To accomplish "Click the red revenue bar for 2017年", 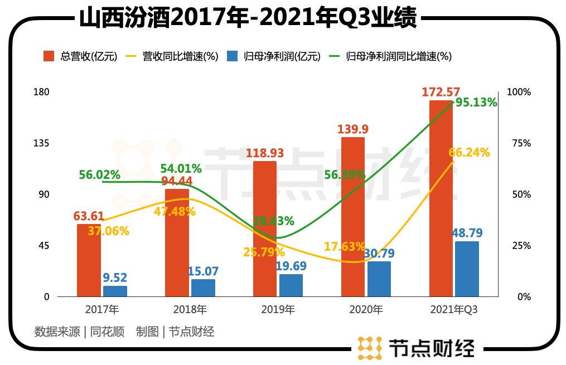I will tap(89, 260).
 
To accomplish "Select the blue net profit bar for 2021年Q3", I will tap(467, 269).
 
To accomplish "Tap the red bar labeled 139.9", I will tap(352, 217).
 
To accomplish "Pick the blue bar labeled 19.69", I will tap(291, 285).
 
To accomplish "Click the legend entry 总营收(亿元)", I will tap(80, 56).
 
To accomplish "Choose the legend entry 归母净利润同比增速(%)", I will tap(390, 56).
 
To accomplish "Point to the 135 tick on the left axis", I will tap(43, 143).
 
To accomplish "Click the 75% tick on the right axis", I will tap(521, 143).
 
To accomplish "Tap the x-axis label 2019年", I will tap(279, 310).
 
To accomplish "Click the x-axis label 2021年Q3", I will tap(454, 310).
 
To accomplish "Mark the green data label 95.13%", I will tap(476, 103).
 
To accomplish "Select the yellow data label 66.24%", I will tap(468, 153).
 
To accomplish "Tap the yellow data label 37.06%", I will tap(109, 231).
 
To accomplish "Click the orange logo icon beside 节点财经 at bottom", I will tap(369, 348).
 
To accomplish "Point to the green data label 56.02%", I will tap(99, 174).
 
